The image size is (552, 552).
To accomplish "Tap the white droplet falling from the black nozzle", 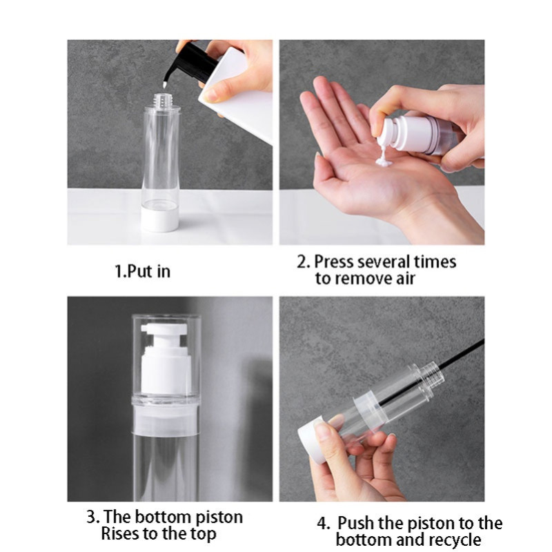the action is (164, 84).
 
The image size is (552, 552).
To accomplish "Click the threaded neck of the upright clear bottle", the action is (161, 100).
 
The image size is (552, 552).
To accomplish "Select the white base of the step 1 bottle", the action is (161, 219).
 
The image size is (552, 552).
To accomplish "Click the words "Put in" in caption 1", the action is (148, 271).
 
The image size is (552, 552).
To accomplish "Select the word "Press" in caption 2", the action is (333, 262).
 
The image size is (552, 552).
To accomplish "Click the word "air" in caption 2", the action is (405, 279).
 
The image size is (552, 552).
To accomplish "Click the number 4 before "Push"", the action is (322, 523).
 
